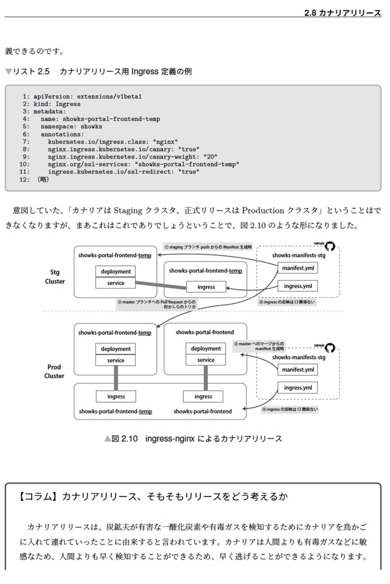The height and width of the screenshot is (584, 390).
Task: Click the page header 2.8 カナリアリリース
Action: click(343, 13)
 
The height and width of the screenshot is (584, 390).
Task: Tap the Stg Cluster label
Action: click(55, 277)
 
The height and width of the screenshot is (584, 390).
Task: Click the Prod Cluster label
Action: click(55, 371)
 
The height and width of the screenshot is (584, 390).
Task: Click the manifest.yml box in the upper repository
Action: click(298, 268)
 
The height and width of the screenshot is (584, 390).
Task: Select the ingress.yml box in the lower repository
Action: click(298, 388)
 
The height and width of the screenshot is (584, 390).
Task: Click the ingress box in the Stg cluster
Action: click(206, 287)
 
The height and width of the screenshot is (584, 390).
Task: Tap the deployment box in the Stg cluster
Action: click(116, 271)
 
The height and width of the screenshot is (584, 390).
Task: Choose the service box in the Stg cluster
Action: click(116, 283)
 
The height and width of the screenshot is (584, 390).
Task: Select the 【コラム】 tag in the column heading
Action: click(38, 496)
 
